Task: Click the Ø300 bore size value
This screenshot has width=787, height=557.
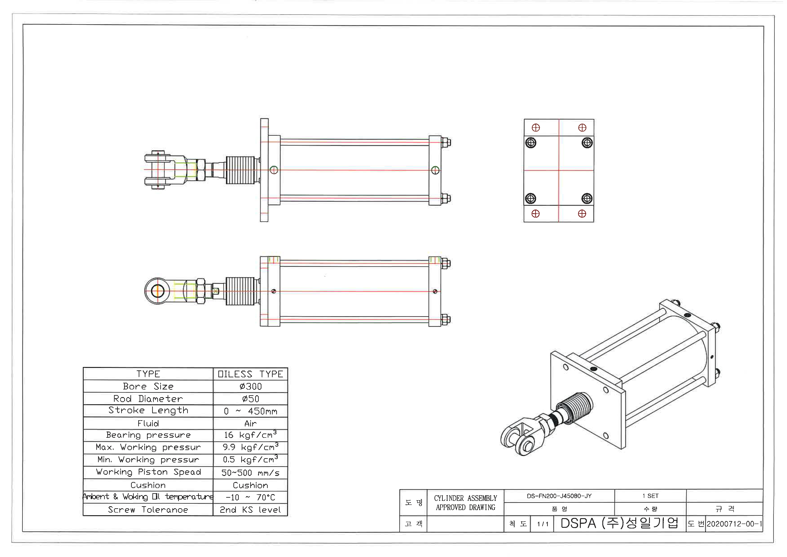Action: tap(251, 387)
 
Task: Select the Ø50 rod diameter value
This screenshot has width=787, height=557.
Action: tap(251, 399)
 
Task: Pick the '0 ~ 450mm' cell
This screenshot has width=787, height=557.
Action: tap(251, 411)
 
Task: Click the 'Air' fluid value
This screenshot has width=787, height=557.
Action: tap(251, 424)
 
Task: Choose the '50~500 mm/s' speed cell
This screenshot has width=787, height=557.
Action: tap(251, 473)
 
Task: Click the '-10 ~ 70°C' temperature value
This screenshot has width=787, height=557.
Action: tap(251, 497)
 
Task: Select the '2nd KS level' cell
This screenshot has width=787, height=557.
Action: tap(251, 510)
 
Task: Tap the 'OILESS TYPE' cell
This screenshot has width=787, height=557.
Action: tap(251, 374)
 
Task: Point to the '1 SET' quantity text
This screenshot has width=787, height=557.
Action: tap(650, 496)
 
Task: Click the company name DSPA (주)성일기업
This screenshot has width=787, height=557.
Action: tap(619, 523)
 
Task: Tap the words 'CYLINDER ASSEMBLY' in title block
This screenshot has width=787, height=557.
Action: tap(465, 498)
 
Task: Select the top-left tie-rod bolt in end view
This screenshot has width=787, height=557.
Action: tap(531, 143)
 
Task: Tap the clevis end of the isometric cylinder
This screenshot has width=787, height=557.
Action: tap(519, 439)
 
